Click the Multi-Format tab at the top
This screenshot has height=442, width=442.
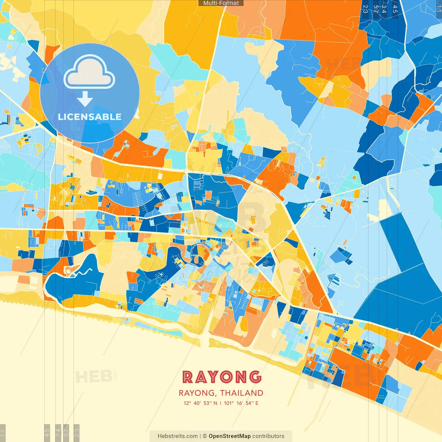pyautogui.click(x=221, y=3)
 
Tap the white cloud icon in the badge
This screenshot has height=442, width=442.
pyautogui.click(x=89, y=73)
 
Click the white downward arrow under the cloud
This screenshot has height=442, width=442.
pyautogui.click(x=85, y=99)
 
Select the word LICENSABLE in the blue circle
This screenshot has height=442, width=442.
pyautogui.click(x=90, y=117)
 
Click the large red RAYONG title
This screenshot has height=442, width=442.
pyautogui.click(x=221, y=377)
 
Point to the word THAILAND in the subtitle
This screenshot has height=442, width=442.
pyautogui.click(x=241, y=393)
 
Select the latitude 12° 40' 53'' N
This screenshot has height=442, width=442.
pyautogui.click(x=200, y=403)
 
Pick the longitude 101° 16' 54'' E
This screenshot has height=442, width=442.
pyautogui.click(x=241, y=403)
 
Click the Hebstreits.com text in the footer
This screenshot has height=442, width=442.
pyautogui.click(x=177, y=436)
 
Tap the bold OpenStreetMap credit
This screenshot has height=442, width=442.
pyautogui.click(x=230, y=436)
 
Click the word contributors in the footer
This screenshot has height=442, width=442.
pyautogui.click(x=268, y=436)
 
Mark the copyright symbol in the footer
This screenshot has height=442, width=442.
pyautogui.click(x=204, y=436)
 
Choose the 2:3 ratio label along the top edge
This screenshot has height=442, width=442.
pyautogui.click(x=365, y=9)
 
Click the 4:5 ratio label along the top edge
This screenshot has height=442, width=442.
pyautogui.click(x=395, y=9)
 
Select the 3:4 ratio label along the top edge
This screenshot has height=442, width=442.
pyautogui.click(x=384, y=9)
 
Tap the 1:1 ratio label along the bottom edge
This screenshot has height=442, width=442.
pyautogui.click(x=3, y=433)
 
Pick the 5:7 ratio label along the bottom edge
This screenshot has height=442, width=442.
pyautogui.click(x=66, y=433)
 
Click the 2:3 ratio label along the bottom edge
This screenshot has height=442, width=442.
pyautogui.click(x=77, y=433)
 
